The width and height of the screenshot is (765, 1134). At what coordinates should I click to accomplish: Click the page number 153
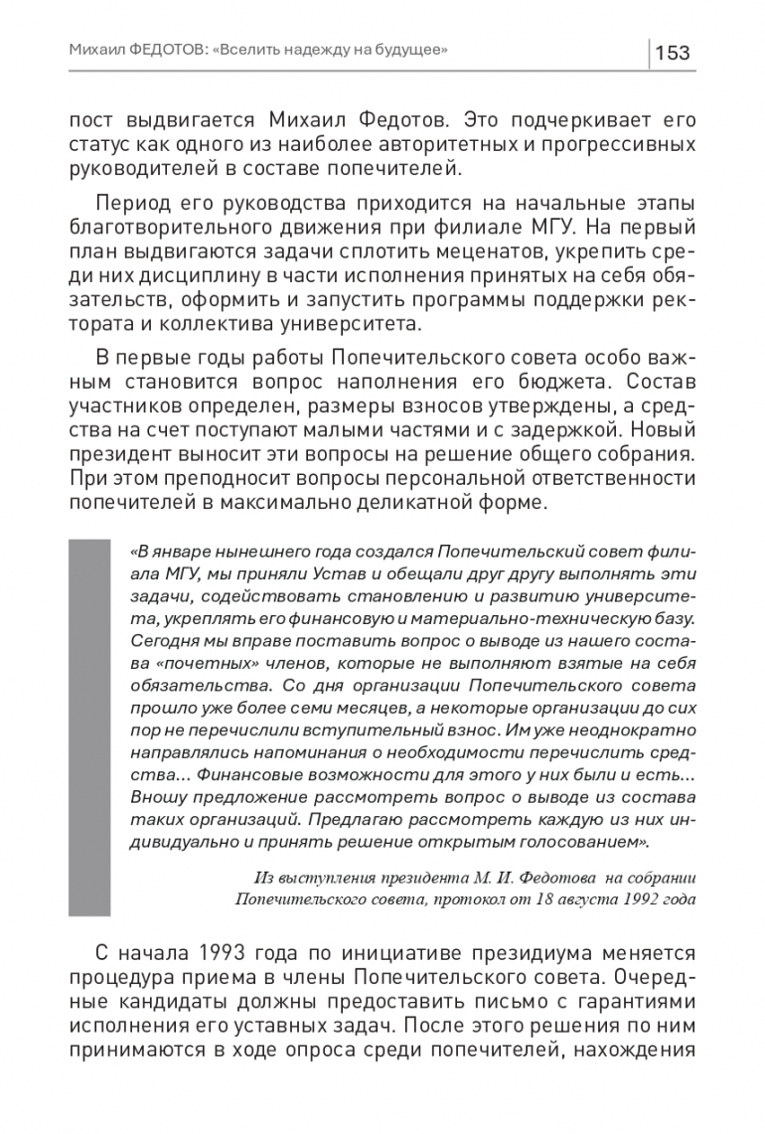[x=674, y=53]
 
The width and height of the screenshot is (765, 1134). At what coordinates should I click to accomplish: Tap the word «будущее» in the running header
[x=407, y=51]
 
